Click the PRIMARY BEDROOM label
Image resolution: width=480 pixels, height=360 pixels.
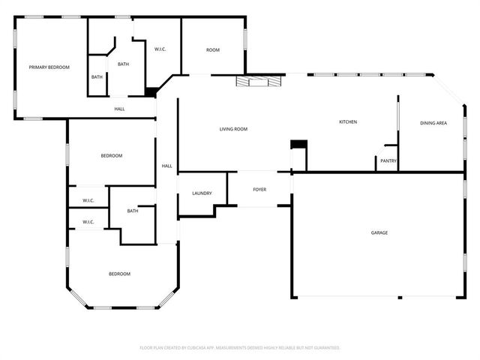pos(49,67)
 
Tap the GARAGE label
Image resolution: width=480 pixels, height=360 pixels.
pos(379,232)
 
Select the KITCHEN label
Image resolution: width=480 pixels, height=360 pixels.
pos(347,121)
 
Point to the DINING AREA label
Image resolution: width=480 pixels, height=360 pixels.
pos(433,122)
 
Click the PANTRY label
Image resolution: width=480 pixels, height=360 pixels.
pos(388,160)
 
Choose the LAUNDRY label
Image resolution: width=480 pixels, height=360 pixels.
pos(202,193)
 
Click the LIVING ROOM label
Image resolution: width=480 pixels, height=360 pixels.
pos(233,129)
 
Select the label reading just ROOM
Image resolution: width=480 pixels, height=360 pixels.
pos(213,49)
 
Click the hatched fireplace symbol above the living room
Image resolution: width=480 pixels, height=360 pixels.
pos(259,80)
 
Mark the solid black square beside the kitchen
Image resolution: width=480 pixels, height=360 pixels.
pos(298,144)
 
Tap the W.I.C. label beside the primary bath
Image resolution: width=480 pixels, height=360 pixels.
pos(160,49)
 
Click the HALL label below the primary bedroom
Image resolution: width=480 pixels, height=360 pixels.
pos(119,109)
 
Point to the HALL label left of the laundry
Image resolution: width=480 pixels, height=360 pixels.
pos(166,166)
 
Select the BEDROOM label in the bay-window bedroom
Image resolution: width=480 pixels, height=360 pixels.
pos(119,274)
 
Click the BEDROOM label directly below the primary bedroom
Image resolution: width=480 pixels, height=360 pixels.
pos(111,155)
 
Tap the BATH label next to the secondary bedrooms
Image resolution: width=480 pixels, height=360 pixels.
pos(133,211)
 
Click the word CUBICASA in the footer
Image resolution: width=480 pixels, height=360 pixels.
pos(196,348)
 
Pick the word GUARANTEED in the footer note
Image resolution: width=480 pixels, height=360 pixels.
pos(324,348)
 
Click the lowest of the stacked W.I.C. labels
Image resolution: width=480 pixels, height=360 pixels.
pos(88,222)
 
